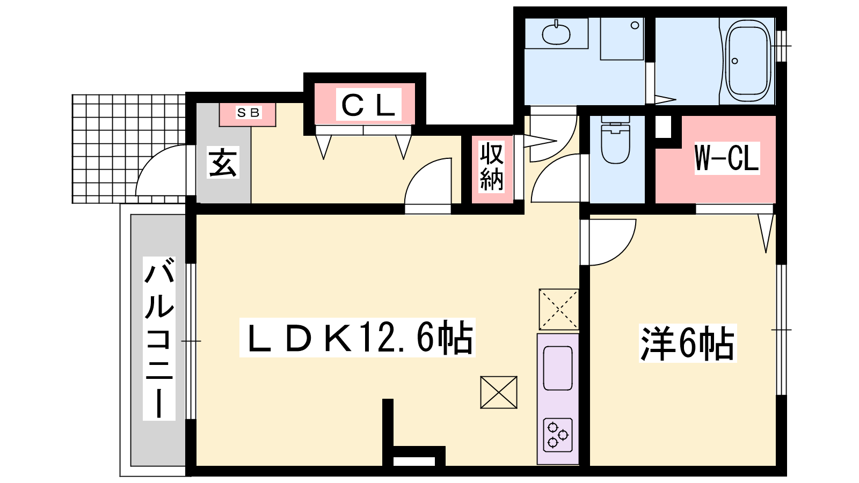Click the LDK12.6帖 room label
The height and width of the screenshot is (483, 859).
click(x=358, y=338)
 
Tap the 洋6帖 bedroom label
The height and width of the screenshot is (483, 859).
click(x=688, y=343)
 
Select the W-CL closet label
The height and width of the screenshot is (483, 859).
click(x=727, y=158)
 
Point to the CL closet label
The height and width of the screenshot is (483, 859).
click(x=368, y=104)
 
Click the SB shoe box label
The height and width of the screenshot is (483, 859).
click(x=248, y=112)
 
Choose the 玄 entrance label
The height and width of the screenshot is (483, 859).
click(x=223, y=162)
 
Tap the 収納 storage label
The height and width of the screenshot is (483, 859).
click(x=492, y=167)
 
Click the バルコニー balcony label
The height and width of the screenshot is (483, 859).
click(x=159, y=339)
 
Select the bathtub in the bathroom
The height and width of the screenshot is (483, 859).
click(x=748, y=61)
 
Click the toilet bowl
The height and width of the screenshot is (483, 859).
click(x=615, y=140)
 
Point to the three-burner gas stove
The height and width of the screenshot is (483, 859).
click(x=558, y=435)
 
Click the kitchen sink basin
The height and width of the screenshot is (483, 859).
click(x=558, y=368)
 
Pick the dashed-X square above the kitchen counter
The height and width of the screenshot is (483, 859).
click(x=559, y=309)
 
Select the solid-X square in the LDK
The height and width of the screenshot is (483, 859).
click(x=499, y=392)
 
